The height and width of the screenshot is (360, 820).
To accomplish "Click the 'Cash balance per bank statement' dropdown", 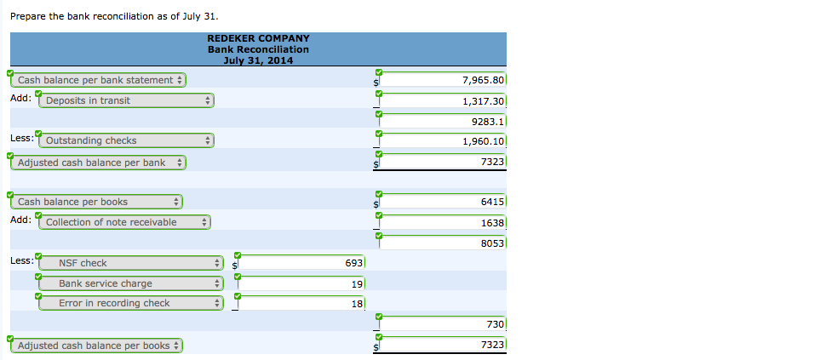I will pos(99,80).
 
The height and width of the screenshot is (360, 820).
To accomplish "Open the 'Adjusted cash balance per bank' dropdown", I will pos(99,162).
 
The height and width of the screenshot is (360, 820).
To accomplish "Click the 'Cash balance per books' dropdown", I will pos(97,202).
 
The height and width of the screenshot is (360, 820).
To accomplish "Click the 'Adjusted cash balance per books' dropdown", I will pos(97,346).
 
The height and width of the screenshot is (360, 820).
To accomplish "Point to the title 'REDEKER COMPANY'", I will pos(258,38).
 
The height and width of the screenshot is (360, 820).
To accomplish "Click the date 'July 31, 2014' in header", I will pos(258,60).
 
